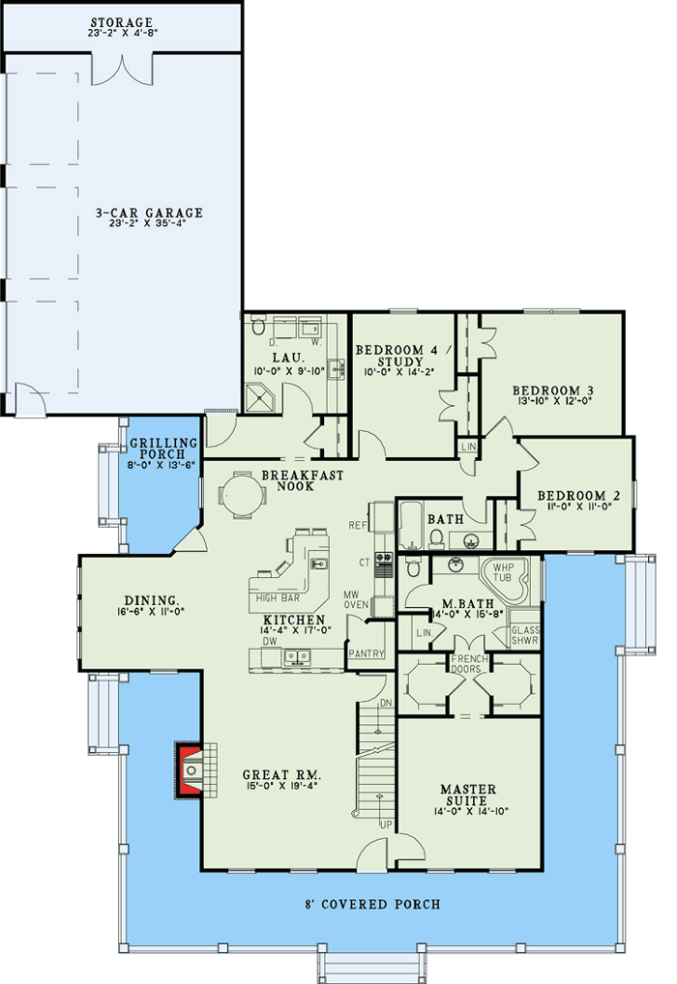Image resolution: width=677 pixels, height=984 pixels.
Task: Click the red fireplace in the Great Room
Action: [x=190, y=769]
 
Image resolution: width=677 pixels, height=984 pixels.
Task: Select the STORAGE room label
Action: [x=123, y=22]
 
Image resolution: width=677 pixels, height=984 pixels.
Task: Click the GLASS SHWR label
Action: [x=525, y=634]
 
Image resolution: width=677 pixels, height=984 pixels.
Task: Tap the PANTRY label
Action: [x=367, y=653]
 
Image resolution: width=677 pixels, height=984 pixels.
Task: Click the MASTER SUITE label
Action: [x=469, y=796]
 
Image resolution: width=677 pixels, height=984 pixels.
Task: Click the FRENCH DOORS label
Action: [x=470, y=664]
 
